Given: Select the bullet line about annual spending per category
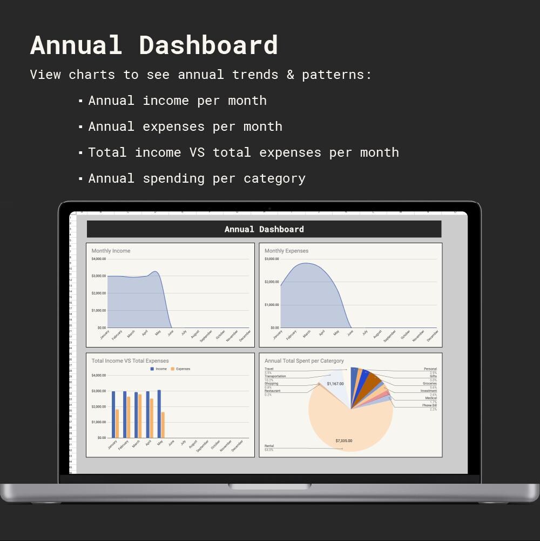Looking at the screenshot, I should coord(197,178).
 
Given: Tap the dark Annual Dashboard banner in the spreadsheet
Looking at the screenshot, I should coord(264,229).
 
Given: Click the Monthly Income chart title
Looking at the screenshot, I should coord(111,251).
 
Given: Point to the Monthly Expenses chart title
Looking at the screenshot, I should coord(286,251).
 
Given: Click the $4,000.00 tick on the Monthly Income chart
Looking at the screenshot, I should coord(98,259).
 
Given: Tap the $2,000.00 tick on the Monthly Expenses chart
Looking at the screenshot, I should coord(272,282).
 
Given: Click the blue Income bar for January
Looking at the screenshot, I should coord(113,414).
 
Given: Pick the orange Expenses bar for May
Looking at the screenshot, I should coord(163,425).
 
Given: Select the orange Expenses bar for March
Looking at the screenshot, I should coord(140,416).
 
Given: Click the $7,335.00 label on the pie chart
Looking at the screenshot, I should coord(343,441).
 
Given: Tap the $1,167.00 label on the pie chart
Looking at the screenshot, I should coord(335,384).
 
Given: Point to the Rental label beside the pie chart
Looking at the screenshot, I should coord(269,446).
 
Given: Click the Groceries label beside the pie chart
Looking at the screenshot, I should coord(430,384).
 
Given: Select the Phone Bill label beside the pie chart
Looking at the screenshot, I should coord(429,405).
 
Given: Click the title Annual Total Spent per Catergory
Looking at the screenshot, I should coord(304,361).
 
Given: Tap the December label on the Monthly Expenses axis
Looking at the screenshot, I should coord(433,336).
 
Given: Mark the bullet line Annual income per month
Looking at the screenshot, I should coord(177,101).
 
